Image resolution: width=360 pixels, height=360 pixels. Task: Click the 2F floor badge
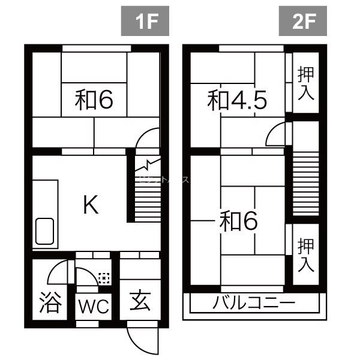pos(304,22)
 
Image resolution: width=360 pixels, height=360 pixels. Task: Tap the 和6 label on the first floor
pos(95,100)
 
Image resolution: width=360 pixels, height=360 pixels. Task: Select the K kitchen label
pos(90,206)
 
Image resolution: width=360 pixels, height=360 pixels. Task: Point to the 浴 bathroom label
pos(50,302)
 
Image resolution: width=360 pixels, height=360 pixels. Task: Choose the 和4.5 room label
pos(236,100)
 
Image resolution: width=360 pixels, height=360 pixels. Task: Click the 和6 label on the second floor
pos(239,222)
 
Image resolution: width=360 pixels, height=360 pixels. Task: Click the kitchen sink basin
pos(45,230)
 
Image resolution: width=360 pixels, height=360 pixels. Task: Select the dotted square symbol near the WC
pos(104,278)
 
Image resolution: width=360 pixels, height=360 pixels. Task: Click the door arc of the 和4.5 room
pos(276,134)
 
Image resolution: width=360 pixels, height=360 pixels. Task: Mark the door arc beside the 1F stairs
pos(146,142)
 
